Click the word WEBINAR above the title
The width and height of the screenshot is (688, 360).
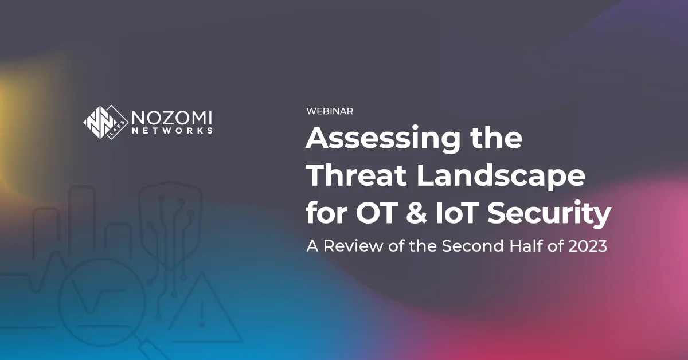[330, 110]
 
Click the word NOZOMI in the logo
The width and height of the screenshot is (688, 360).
[173, 118]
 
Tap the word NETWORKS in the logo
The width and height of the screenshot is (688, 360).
[173, 131]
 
